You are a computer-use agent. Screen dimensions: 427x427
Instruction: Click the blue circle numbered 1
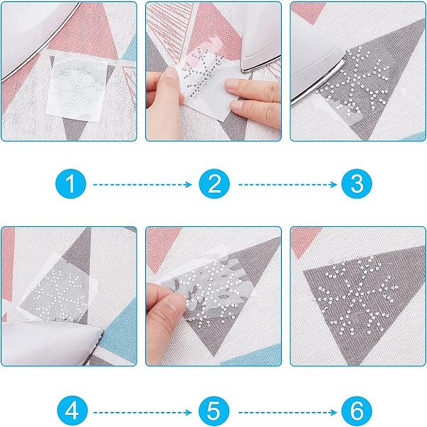(x=70, y=184)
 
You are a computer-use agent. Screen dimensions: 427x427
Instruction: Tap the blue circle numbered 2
(x=214, y=184)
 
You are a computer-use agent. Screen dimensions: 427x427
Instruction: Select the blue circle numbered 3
(x=357, y=184)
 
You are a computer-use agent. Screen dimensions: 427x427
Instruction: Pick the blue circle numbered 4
(x=72, y=412)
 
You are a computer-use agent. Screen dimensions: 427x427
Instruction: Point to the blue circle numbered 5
(x=214, y=412)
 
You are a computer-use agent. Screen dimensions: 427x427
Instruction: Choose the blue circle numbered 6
(x=357, y=412)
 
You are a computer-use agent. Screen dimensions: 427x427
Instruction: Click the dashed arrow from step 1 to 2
(x=142, y=184)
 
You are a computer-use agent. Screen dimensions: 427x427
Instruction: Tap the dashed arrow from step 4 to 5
(x=142, y=413)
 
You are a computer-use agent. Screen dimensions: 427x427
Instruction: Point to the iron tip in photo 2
(x=244, y=70)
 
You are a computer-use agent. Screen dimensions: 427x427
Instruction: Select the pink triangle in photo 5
(x=162, y=245)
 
